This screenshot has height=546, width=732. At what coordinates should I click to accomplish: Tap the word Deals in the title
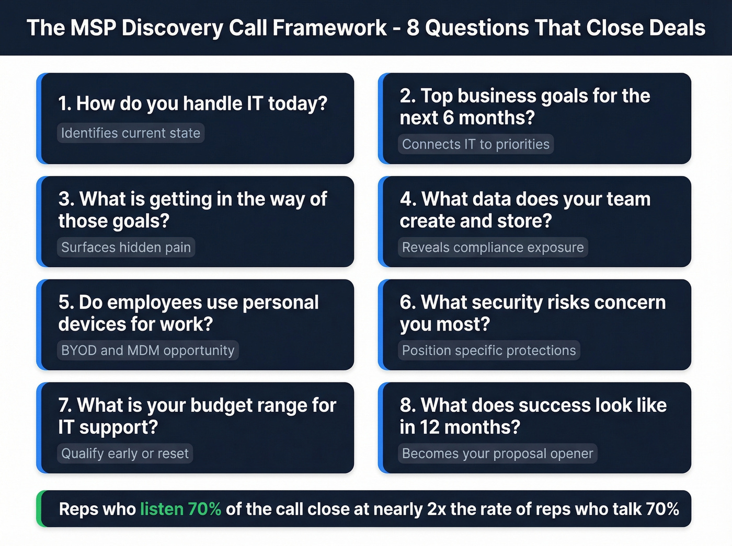click(677, 28)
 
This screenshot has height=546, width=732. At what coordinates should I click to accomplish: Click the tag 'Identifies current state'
click(131, 133)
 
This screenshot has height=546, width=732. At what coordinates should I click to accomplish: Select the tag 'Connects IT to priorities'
click(476, 144)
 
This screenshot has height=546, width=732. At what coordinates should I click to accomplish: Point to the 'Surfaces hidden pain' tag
click(126, 247)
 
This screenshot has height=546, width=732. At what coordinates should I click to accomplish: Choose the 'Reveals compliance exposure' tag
click(493, 247)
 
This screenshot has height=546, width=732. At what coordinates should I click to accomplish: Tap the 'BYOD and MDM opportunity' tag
click(148, 350)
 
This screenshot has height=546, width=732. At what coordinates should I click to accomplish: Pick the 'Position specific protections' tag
click(489, 350)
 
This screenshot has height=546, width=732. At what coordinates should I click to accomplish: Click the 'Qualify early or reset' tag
click(125, 454)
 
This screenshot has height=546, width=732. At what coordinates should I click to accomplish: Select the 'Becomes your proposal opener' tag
click(498, 454)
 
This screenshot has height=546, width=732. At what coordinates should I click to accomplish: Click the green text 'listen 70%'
click(180, 509)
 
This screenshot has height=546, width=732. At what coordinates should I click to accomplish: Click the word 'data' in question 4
click(492, 200)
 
